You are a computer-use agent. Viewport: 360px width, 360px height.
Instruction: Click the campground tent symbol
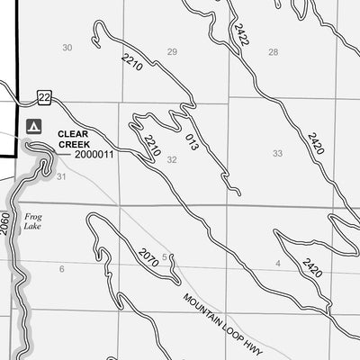(x=34, y=125)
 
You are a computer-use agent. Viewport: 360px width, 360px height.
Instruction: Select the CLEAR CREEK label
(x=74, y=139)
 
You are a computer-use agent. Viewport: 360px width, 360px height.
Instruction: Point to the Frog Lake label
(x=33, y=222)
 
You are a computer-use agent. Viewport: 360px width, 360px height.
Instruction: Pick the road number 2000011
(x=94, y=155)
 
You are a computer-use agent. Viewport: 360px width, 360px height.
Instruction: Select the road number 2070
(x=148, y=258)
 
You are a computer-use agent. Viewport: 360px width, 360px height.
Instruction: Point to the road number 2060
(x=6, y=222)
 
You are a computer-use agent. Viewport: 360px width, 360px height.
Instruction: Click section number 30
(x=67, y=48)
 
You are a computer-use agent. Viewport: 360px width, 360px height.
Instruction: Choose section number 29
(x=172, y=51)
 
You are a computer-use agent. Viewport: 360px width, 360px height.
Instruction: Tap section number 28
(x=273, y=51)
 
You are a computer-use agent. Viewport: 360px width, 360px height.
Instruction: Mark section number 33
(x=277, y=153)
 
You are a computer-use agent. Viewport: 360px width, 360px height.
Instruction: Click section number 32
(x=171, y=159)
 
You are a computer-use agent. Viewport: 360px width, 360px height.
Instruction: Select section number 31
(x=61, y=176)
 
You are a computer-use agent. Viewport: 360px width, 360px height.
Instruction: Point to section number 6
(x=62, y=268)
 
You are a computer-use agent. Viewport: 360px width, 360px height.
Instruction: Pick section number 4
(x=278, y=263)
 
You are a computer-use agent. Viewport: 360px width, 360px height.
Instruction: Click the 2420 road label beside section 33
(x=315, y=143)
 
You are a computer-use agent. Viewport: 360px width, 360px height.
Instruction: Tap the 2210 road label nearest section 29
(x=131, y=63)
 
